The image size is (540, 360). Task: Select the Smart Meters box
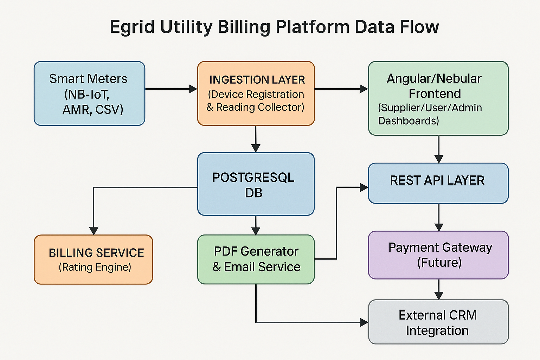pos(89,94)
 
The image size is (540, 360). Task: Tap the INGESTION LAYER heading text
pos(257,80)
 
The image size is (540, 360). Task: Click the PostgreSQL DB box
pos(256,184)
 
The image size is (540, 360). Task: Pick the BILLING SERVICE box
pos(94,259)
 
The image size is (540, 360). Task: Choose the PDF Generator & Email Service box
pos(256,259)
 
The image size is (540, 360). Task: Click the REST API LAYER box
pos(438,183)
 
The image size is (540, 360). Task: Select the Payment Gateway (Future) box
pos(438,255)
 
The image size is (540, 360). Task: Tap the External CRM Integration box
pos(438,322)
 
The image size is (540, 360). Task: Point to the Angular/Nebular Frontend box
pos(438,98)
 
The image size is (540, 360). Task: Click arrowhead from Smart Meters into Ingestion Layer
pos(193,89)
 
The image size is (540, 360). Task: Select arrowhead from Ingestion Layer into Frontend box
pos(364,89)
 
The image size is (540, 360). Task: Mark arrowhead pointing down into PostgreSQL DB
pos(256,148)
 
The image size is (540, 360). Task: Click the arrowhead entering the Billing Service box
pos(94,231)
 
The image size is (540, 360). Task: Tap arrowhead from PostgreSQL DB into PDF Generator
pos(256,231)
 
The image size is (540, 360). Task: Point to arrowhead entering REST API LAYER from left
pos(364,187)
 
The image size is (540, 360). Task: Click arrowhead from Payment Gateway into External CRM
pos(438,295)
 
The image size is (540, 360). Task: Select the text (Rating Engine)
pos(95,268)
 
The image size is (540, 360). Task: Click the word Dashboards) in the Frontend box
pos(408,121)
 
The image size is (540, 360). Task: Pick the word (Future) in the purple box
pos(439,263)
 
